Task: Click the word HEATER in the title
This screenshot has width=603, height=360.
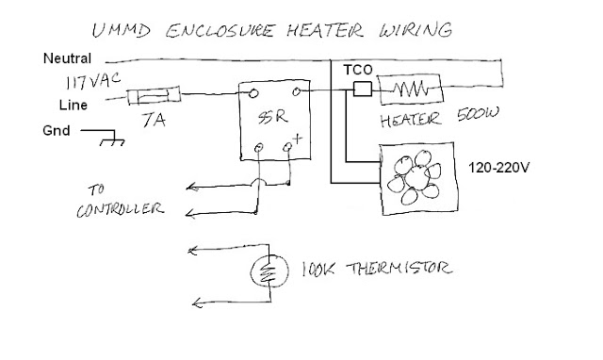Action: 324,30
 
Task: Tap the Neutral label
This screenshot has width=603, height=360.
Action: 67,58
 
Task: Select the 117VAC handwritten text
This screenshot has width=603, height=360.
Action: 93,81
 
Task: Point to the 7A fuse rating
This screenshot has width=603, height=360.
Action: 154,120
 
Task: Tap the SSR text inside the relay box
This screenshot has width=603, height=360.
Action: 272,117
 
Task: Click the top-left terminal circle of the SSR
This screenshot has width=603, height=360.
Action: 253,93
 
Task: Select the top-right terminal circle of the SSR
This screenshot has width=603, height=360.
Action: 297,91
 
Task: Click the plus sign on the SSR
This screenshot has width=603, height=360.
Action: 298,139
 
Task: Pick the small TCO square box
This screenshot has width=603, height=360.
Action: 363,89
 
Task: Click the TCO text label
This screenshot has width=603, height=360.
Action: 358,70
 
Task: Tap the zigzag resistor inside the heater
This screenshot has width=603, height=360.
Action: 411,89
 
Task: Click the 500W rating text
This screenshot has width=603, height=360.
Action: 479,114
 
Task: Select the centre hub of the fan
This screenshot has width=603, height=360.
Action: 416,177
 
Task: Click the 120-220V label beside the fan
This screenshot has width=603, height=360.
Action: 498,168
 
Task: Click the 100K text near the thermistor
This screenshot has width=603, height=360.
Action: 318,270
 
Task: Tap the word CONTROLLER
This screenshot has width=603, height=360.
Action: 121,209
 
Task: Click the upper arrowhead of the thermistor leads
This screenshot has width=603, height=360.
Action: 192,251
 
